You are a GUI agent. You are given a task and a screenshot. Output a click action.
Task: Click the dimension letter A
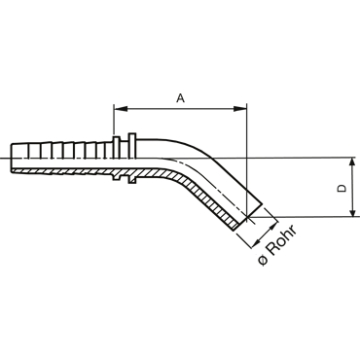(x=181, y=97)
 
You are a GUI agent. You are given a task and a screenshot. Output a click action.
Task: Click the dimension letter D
(x=342, y=189)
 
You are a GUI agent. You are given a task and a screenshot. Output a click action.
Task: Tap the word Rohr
(x=282, y=240)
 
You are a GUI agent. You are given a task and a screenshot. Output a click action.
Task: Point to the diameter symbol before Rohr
(x=264, y=260)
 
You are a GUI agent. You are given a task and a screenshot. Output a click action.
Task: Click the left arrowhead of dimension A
(x=121, y=109)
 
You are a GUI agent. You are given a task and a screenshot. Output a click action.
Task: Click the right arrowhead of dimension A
(x=240, y=109)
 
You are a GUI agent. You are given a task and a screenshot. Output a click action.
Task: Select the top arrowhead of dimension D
(x=352, y=164)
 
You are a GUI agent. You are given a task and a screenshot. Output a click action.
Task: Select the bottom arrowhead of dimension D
(x=352, y=210)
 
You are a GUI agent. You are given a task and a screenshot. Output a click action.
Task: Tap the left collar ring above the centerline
(x=117, y=148)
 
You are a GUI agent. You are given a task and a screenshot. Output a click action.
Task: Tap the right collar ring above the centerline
(x=132, y=146)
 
